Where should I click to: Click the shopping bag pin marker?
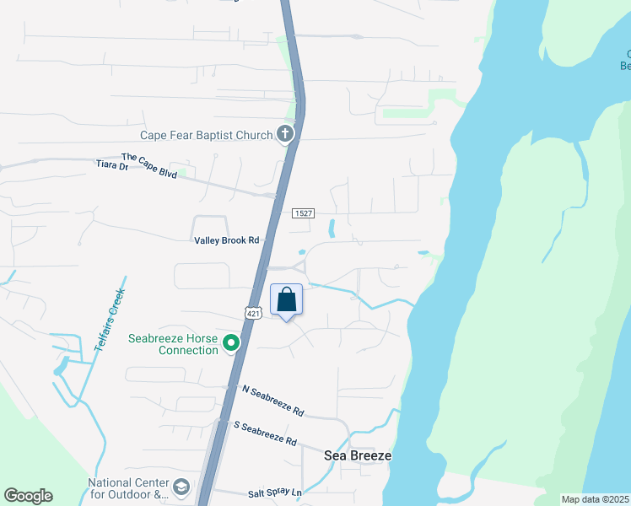point(287,300)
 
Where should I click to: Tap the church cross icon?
point(286,134)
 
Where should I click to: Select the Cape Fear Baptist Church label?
point(207,135)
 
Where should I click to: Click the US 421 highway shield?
point(251,313)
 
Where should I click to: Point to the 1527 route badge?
point(304,213)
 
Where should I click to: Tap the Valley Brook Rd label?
point(226,240)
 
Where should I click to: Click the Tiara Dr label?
point(111,167)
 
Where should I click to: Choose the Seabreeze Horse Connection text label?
point(173,344)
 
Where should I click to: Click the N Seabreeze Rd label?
point(272,401)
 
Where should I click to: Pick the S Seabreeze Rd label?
point(265,433)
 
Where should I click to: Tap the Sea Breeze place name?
point(358,455)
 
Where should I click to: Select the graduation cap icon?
point(181,487)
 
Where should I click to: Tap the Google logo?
point(28,496)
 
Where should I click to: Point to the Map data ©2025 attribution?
point(595,499)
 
